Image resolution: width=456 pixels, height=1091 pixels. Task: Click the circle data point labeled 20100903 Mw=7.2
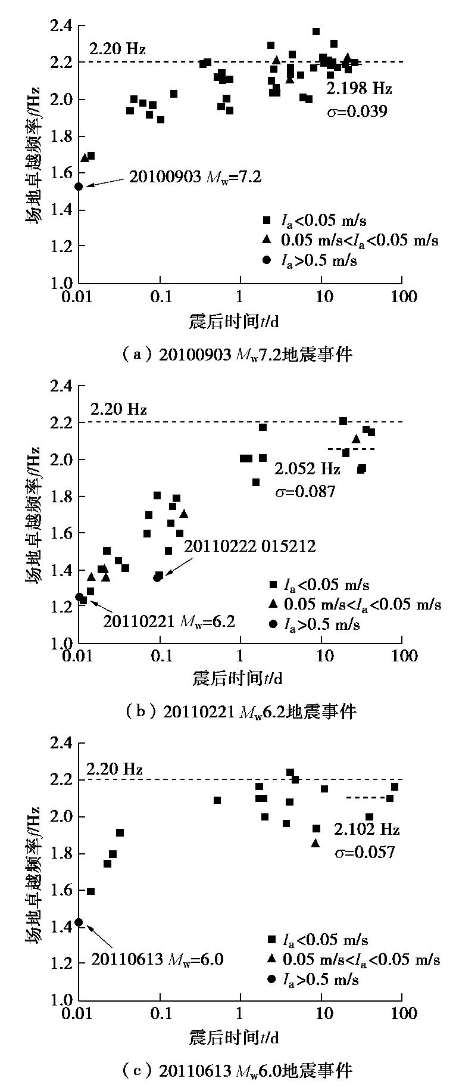[79, 187]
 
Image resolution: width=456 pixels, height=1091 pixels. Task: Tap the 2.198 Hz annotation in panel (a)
[358, 89]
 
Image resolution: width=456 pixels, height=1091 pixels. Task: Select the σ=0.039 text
[357, 111]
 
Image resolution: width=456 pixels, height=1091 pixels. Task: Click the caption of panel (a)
[236, 355]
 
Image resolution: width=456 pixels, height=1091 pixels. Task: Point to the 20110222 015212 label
[249, 546]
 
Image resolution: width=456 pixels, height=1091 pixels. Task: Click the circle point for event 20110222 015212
[157, 577]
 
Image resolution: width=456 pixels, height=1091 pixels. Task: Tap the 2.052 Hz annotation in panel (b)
[307, 469]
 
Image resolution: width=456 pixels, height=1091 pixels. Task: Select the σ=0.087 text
[305, 491]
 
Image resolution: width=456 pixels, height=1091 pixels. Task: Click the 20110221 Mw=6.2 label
[170, 621]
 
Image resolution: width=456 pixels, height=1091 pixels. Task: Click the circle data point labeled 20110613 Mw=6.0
[79, 922]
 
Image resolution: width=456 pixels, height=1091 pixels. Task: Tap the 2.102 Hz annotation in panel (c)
[367, 829]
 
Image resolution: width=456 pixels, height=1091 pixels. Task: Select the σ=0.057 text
[365, 851]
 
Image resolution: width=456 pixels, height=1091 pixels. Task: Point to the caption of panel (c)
[236, 1071]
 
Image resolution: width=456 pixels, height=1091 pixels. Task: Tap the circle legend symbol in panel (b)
[273, 624]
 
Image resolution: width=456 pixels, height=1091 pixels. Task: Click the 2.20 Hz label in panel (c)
[115, 769]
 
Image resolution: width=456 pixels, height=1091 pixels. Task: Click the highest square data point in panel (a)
[316, 32]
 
